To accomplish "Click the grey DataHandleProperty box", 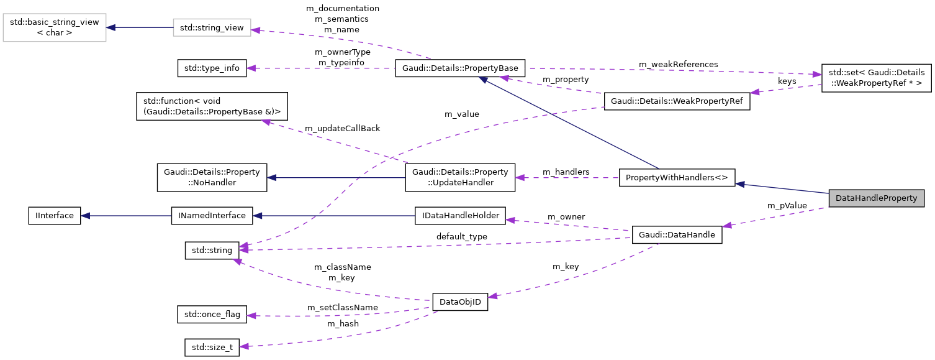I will [x=876, y=198].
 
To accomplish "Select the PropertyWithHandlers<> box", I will [x=677, y=178].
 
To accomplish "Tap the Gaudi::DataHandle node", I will [x=677, y=235].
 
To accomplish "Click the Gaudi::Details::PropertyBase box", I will [x=460, y=68].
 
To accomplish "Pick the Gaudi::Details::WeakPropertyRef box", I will [x=677, y=101].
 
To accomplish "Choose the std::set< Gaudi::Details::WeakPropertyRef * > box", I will [x=876, y=78].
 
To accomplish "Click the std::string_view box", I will [x=212, y=28].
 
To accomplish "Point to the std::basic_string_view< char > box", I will [x=54, y=27].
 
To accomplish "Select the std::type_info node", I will [x=212, y=68].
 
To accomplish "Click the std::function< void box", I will [x=212, y=106].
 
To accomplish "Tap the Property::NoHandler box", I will [x=212, y=177].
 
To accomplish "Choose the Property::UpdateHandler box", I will [x=460, y=177].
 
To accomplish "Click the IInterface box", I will [x=55, y=216].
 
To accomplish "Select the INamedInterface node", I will [x=212, y=216].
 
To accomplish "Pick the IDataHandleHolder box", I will [x=460, y=216].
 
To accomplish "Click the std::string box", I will [x=212, y=251].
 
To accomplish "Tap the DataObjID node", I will [x=460, y=303].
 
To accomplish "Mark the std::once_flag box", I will [x=212, y=314].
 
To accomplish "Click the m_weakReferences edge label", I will [x=679, y=64].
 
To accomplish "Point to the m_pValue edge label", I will [x=787, y=205].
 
